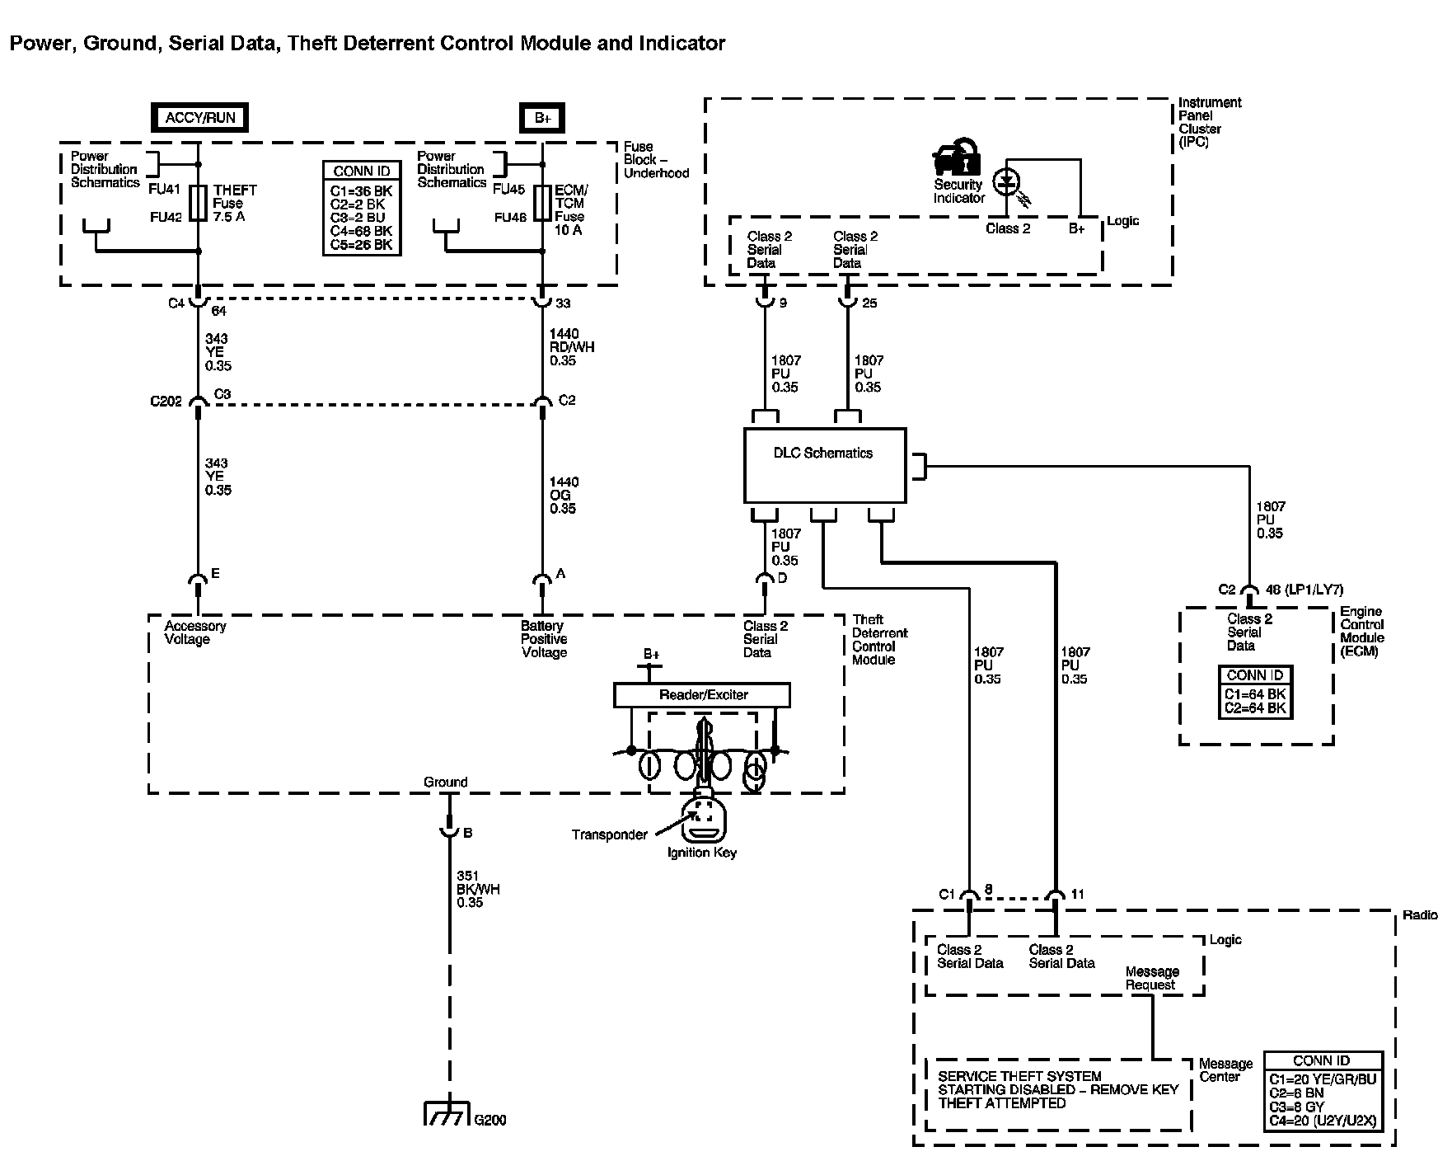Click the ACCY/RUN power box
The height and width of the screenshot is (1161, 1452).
coord(200,117)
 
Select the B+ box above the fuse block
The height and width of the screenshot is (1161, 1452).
coord(542,118)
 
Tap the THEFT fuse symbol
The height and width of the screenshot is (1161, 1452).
coord(199,203)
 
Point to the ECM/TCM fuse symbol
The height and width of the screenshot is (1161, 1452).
coord(542,203)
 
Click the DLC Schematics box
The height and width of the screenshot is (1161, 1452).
coord(825,465)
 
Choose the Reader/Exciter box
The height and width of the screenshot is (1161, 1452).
coord(702,695)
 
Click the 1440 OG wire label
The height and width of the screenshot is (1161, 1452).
coord(564,495)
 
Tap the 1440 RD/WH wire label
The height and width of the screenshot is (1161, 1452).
coord(571,347)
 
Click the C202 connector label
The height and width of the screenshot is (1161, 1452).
coord(166,402)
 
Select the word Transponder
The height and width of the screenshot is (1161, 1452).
coord(610,834)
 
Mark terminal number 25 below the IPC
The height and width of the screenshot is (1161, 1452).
coord(869,303)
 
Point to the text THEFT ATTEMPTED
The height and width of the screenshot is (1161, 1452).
coord(1002,1103)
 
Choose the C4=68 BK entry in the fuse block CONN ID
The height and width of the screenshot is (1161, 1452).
coord(362,231)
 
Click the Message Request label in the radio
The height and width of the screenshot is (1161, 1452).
coord(1152,978)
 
